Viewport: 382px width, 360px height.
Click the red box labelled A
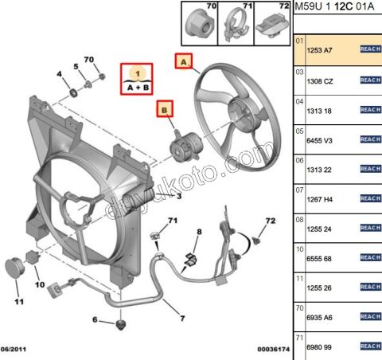pos(184,61)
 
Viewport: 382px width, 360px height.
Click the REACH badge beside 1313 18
pos(370,110)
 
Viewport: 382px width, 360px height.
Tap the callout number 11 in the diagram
pos(19,301)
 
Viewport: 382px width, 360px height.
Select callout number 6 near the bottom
pos(95,320)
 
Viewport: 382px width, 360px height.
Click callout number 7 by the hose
pos(181,319)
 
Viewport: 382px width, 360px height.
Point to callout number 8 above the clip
pos(199,231)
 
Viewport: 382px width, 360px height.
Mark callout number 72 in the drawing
pos(270,220)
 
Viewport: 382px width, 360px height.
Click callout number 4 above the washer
pos(58,75)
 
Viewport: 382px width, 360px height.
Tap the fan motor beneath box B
pos(182,147)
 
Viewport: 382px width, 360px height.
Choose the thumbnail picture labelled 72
pos(270,25)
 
